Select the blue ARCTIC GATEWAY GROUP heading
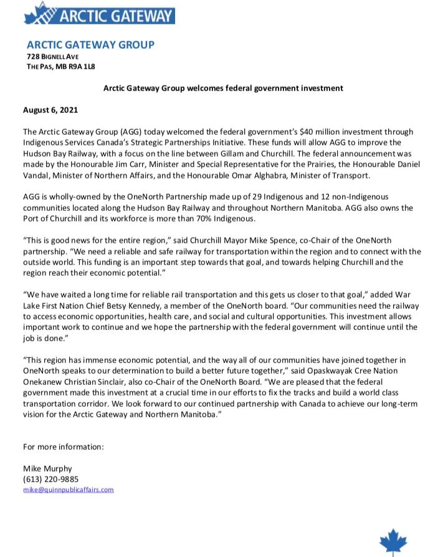[90, 45]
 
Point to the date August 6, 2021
[50, 110]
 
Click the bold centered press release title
[223, 88]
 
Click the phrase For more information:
[63, 447]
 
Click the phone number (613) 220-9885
[52, 479]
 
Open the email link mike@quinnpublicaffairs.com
[69, 490]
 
